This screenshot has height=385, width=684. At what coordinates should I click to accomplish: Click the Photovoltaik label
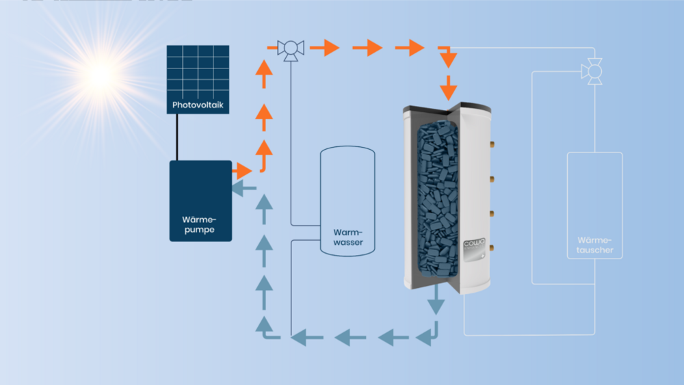click(198, 107)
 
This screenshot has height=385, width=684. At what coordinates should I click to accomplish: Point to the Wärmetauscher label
click(594, 245)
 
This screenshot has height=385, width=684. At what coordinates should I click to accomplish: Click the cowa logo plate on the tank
click(474, 247)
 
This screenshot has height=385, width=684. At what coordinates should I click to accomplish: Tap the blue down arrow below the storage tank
click(434, 301)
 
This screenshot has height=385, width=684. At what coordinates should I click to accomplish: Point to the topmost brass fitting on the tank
click(490, 146)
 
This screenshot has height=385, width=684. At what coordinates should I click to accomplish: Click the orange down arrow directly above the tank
click(449, 87)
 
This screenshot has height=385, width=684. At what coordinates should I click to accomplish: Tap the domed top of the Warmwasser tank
click(347, 152)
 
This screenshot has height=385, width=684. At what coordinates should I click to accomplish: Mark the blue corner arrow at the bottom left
click(266, 327)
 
